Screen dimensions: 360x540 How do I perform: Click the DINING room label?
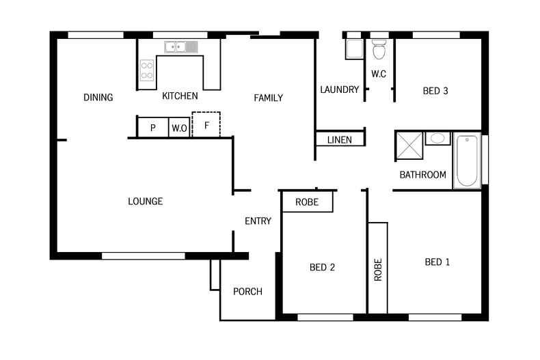point(98,98)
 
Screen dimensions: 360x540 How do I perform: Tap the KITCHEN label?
point(180,96)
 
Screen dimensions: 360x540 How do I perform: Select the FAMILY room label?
point(268,98)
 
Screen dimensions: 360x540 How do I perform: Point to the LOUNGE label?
point(145,202)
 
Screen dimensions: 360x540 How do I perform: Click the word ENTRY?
point(258,221)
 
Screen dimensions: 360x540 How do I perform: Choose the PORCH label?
point(247,292)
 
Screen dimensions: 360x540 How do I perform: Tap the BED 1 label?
point(437,262)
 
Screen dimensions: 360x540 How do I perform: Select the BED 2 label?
point(322,268)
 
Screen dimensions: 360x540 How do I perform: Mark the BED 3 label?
point(435,90)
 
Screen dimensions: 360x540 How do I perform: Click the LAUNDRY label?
point(339,89)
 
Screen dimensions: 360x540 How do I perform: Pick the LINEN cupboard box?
point(340,139)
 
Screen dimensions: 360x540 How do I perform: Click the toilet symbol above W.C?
point(379,49)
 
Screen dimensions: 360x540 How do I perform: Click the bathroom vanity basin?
point(437,139)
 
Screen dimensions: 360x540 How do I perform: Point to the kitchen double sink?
point(181,46)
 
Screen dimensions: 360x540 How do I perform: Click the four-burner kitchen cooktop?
point(147,70)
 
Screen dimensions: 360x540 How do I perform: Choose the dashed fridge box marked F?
point(206,125)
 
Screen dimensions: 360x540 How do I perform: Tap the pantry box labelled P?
point(153,128)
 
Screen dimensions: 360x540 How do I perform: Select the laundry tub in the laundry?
point(354,50)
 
